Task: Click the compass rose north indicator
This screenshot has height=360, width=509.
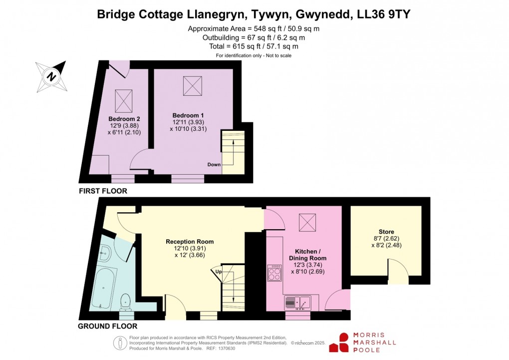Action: (51, 76)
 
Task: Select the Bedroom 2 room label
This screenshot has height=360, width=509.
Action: (123, 119)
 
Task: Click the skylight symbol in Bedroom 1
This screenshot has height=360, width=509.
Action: (192, 85)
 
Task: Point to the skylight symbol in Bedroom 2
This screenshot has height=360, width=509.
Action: (123, 100)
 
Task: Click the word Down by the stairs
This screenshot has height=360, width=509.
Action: (214, 164)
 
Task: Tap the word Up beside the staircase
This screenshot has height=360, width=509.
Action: (218, 272)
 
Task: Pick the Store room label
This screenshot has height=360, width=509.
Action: (386, 232)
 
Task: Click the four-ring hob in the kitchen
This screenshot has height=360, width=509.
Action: (275, 273)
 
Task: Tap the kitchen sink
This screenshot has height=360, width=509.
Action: (298, 302)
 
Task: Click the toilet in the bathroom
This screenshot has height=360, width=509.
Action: (126, 302)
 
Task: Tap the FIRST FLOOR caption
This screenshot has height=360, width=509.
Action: (103, 191)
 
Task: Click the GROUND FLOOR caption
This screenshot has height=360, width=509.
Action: (108, 327)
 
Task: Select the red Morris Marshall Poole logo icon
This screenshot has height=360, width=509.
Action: (344, 342)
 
